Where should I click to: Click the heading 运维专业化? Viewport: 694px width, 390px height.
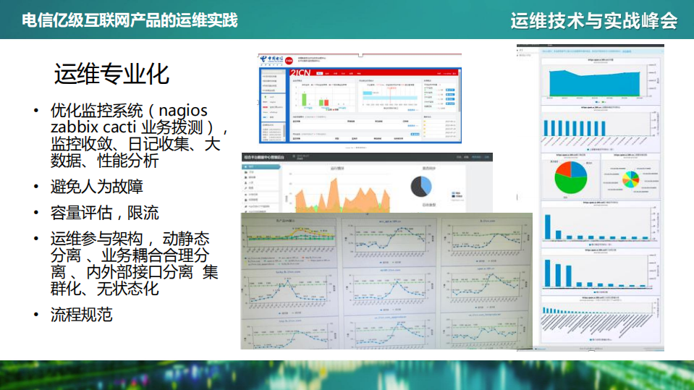tap(111, 75)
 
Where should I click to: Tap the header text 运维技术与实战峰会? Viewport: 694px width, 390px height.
tap(593, 20)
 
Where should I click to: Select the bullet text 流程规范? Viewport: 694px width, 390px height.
tap(81, 315)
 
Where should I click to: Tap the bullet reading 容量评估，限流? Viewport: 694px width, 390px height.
tap(104, 213)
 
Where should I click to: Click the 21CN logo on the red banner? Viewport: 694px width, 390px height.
tap(301, 73)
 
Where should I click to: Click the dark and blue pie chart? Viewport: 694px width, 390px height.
tap(421, 185)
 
